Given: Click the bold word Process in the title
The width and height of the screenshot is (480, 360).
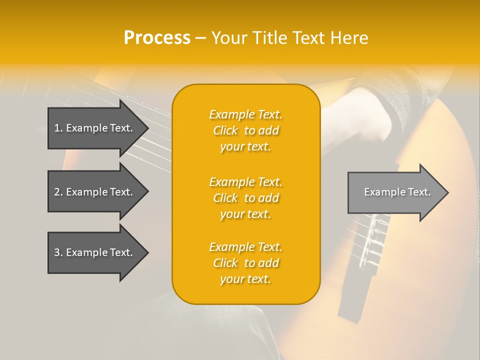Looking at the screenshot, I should coord(157,38).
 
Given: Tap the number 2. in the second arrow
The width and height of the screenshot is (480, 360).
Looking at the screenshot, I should coord(58,192).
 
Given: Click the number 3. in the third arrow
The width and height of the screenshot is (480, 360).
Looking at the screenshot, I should coord(58,252).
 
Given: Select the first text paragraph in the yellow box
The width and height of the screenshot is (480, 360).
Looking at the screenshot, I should coord(245,130).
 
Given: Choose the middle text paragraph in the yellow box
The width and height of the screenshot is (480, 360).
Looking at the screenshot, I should coord(245,198).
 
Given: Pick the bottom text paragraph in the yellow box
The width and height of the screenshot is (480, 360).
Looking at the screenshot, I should coord(245,263).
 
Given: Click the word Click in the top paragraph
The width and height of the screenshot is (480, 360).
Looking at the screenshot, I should coord(225,130).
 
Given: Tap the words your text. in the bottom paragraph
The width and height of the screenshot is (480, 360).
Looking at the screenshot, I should coord(245,279).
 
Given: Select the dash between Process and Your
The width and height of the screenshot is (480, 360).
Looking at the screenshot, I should coord(200,38).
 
